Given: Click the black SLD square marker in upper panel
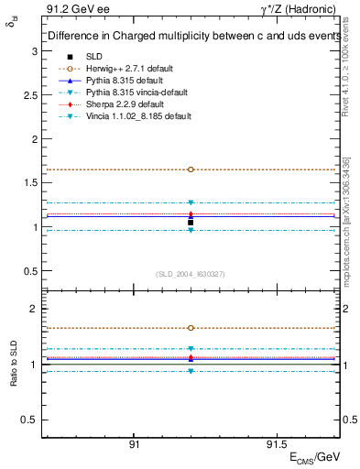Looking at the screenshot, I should (x=191, y=223).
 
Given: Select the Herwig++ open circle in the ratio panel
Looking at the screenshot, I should (x=191, y=327).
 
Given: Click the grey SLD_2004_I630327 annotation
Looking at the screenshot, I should (x=191, y=274).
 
